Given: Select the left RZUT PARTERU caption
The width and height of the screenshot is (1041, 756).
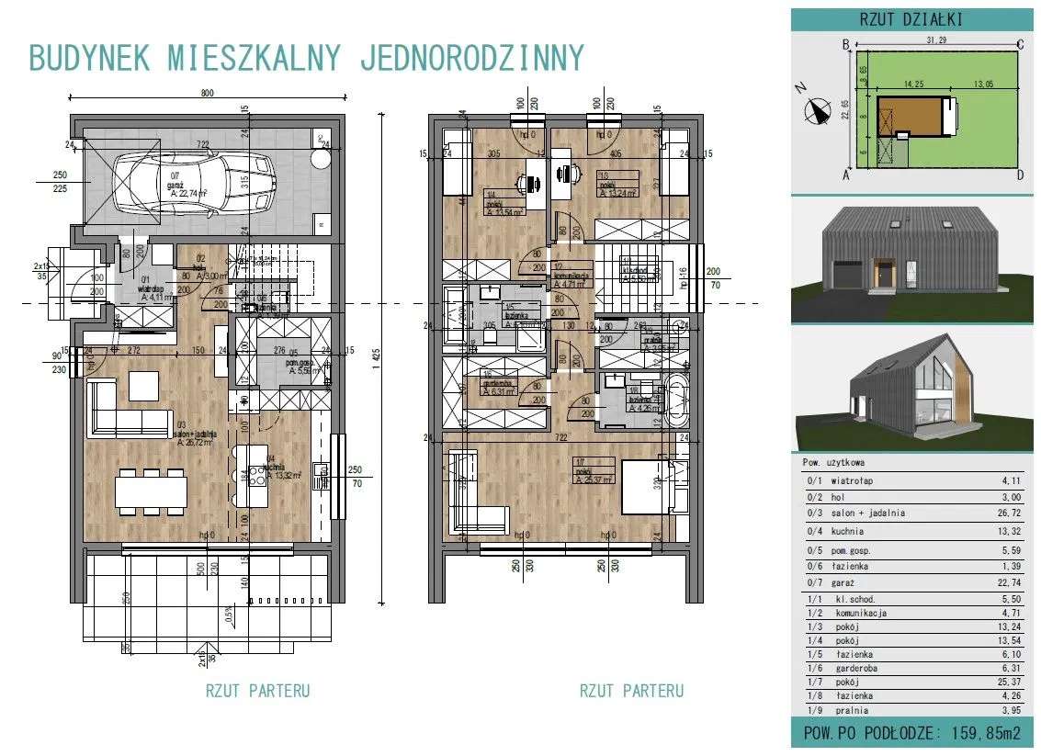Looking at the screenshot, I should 257,691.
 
